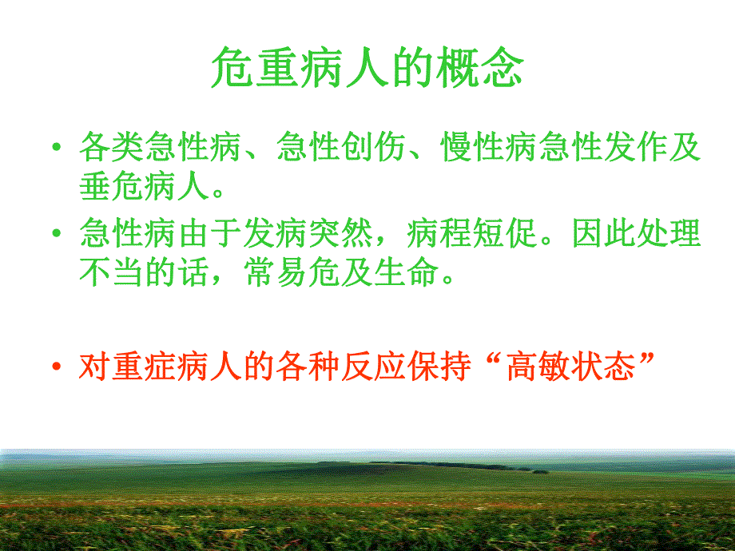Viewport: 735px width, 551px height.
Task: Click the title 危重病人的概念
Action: [x=367, y=69]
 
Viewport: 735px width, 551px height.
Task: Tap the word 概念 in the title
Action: [x=479, y=69]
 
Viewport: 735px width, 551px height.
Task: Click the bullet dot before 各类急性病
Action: [x=55, y=149]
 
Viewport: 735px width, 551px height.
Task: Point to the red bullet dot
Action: [x=55, y=368]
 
